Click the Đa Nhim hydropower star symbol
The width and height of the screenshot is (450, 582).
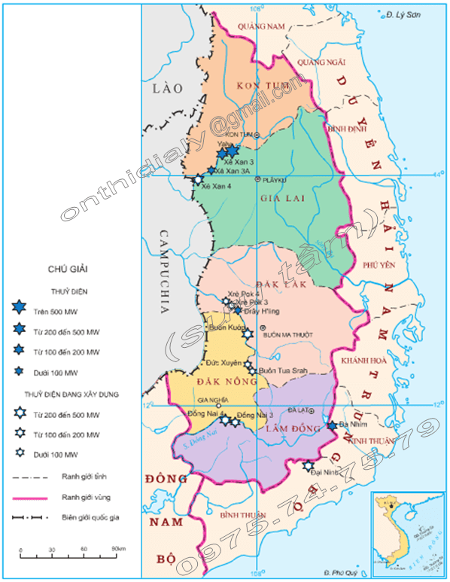coord(332,426)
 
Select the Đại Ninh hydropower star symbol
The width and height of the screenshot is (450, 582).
coord(308,466)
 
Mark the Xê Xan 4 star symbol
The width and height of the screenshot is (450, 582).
coord(199,180)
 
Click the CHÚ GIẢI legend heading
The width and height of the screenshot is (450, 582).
coord(68,268)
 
